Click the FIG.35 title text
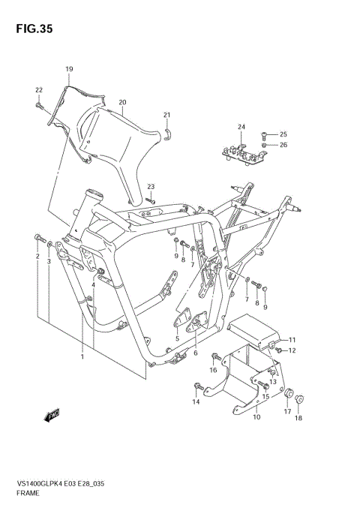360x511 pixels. point(31,28)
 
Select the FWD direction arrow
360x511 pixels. point(52,414)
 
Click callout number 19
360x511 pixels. point(68,70)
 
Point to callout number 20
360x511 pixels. point(121,102)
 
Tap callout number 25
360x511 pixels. point(283,134)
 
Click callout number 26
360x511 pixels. point(283,145)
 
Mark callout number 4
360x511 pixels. point(93,285)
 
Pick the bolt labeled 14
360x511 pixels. point(198,387)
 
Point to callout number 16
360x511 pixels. point(213,370)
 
